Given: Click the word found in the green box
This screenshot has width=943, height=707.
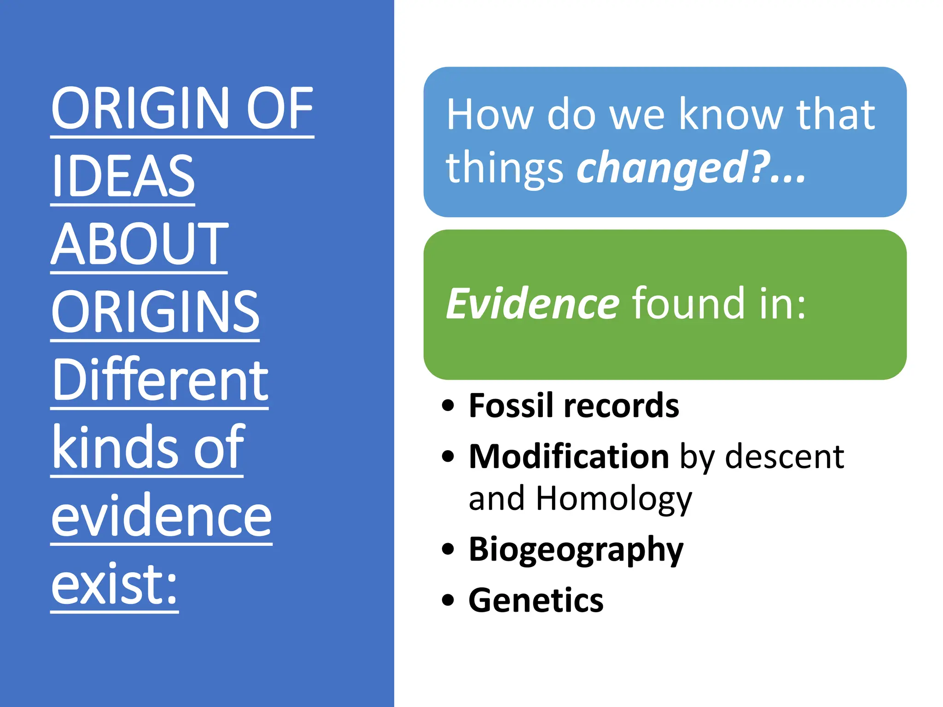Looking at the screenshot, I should pos(688,304).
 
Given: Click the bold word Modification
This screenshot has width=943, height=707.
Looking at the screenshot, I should pos(569,457).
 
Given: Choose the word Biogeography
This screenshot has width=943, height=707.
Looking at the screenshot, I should pos(576,550).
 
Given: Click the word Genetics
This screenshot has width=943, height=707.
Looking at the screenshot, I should pos(536,601).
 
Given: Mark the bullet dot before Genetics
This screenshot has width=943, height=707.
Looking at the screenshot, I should pos(448,601).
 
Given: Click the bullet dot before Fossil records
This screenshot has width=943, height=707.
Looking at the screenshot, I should pos(448,406).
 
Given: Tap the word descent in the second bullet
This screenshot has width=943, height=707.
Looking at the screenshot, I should pos(784,457).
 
